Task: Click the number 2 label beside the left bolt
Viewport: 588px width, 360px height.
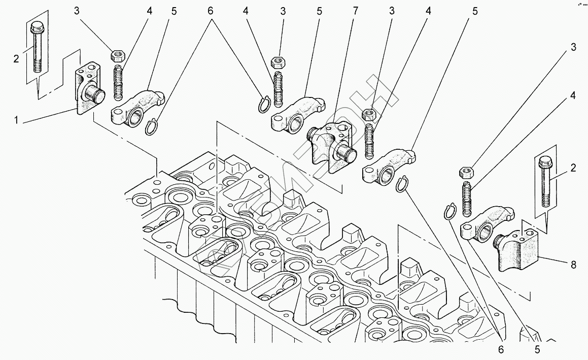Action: pos(16,58)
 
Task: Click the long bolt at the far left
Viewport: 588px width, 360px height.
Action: pos(37,48)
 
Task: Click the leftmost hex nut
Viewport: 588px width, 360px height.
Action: pos(118,54)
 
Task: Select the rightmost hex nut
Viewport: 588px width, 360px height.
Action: pos(466,172)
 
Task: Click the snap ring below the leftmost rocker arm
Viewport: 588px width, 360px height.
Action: pos(152,127)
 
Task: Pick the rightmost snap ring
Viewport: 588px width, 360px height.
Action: pos(448,211)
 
